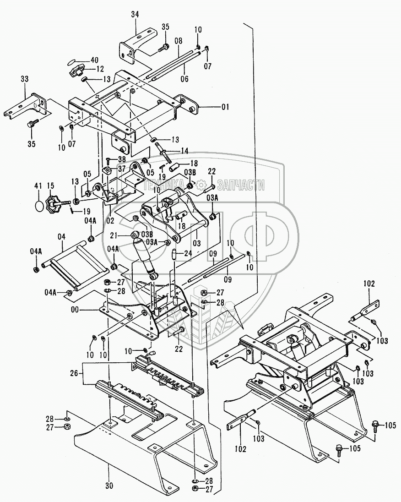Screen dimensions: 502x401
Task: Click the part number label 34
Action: (x=135, y=15)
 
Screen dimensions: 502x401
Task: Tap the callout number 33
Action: (x=24, y=80)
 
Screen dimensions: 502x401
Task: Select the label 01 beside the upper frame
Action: (x=225, y=108)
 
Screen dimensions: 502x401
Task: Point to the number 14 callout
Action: (x=184, y=150)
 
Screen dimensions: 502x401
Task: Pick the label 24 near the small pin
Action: (x=188, y=252)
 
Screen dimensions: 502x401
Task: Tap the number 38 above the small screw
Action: (x=121, y=159)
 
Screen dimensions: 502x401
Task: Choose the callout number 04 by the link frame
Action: (x=61, y=236)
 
